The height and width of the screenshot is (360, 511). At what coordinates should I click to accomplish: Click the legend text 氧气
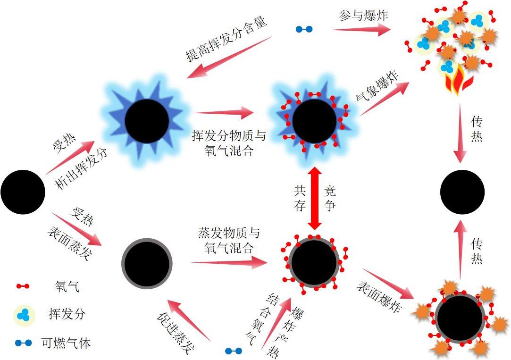(64, 286)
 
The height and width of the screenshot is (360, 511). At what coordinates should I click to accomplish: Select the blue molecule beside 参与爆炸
(304, 29)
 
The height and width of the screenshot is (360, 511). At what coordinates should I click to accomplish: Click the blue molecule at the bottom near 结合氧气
(233, 351)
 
